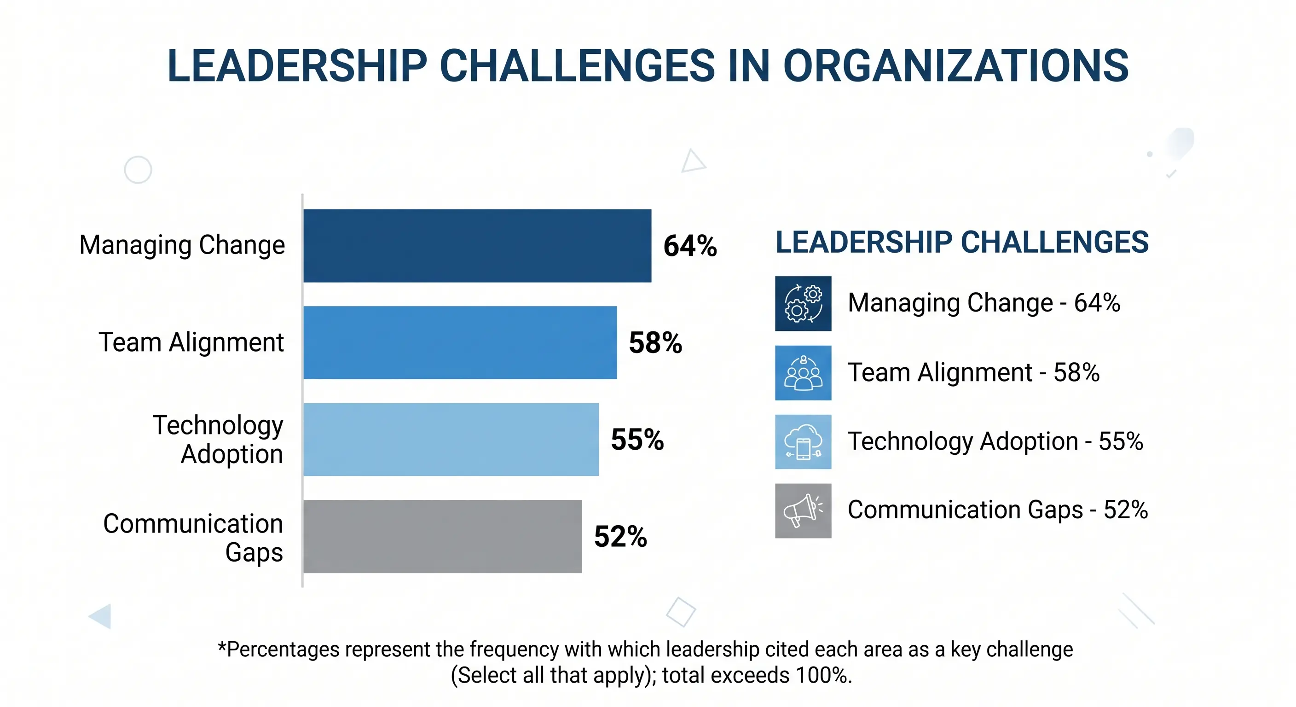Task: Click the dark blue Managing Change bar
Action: (477, 246)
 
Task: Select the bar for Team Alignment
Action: (460, 342)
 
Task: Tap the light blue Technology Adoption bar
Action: (451, 439)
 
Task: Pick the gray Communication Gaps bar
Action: (442, 536)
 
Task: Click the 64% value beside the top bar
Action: (690, 246)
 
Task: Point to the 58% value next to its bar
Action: (655, 343)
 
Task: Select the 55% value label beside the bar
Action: (637, 440)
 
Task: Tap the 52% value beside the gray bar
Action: (620, 536)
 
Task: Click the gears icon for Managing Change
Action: (803, 303)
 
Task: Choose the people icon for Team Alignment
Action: (803, 373)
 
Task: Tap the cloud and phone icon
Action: (803, 442)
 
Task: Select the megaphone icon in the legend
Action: (803, 511)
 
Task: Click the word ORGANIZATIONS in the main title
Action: (955, 66)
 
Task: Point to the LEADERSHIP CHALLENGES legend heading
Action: (961, 242)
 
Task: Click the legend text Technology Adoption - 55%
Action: (995, 441)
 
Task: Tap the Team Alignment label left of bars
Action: (191, 342)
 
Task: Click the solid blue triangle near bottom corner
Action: (102, 616)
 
